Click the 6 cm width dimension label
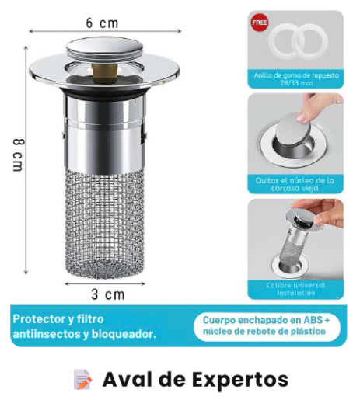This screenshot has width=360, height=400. pyautogui.click(x=102, y=23)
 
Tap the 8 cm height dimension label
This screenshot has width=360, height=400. pyautogui.click(x=19, y=155)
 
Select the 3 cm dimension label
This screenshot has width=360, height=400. pyautogui.click(x=108, y=294)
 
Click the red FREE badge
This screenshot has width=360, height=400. pyautogui.click(x=260, y=23)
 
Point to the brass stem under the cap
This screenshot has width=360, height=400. pyautogui.click(x=105, y=72)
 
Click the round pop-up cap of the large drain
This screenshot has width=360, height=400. pyautogui.click(x=104, y=49)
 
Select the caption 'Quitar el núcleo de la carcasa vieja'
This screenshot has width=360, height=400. pyautogui.click(x=295, y=184)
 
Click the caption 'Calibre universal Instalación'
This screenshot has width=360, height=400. pyautogui.click(x=295, y=289)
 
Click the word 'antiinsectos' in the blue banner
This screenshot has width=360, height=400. pyautogui.click(x=46, y=334)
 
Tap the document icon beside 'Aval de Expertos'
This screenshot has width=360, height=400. pyautogui.click(x=82, y=379)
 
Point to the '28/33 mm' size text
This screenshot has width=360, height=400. pyautogui.click(x=296, y=83)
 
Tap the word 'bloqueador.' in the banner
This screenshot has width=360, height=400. pyautogui.click(x=124, y=334)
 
